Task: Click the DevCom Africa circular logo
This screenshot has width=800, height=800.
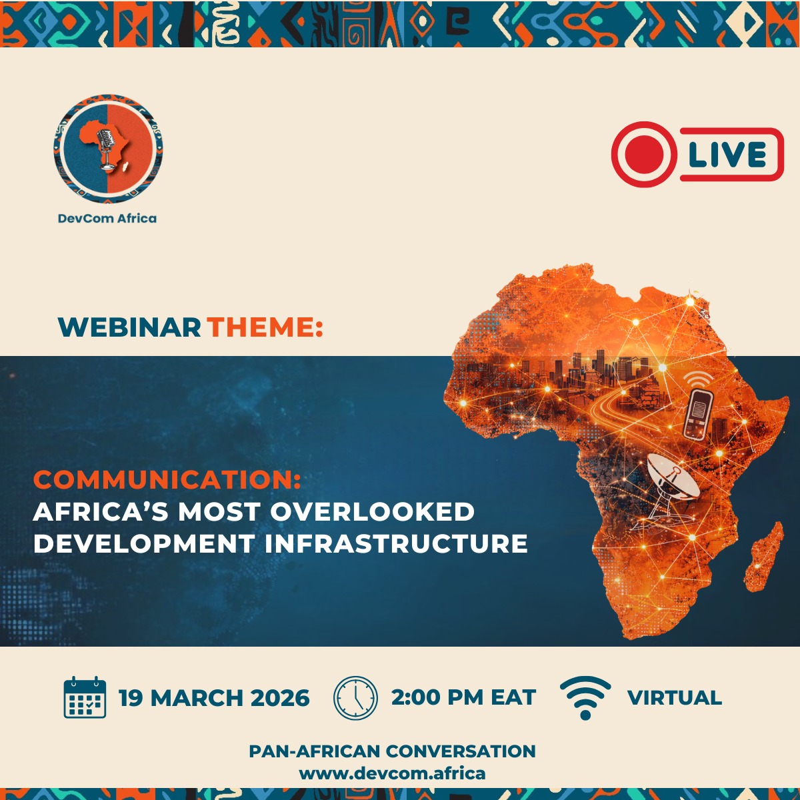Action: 108,149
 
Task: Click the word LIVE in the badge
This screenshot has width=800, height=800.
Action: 727,155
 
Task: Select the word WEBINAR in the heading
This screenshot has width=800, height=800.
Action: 129,327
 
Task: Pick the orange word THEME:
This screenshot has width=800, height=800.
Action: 265,327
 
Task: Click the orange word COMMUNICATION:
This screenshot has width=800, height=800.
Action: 167,479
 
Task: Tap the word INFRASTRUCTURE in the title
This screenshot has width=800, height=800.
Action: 396,543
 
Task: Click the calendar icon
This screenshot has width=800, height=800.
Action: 85,697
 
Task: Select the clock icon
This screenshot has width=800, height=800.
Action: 355,698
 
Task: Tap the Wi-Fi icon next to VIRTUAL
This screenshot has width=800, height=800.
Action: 585,697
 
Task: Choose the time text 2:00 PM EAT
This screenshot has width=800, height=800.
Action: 463,698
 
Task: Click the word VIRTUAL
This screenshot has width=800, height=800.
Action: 674,698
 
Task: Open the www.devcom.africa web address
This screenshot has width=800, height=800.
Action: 392,774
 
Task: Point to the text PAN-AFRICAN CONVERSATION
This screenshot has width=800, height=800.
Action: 392,751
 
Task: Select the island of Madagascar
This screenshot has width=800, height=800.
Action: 767,557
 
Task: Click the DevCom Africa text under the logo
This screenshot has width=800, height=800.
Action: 107,218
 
